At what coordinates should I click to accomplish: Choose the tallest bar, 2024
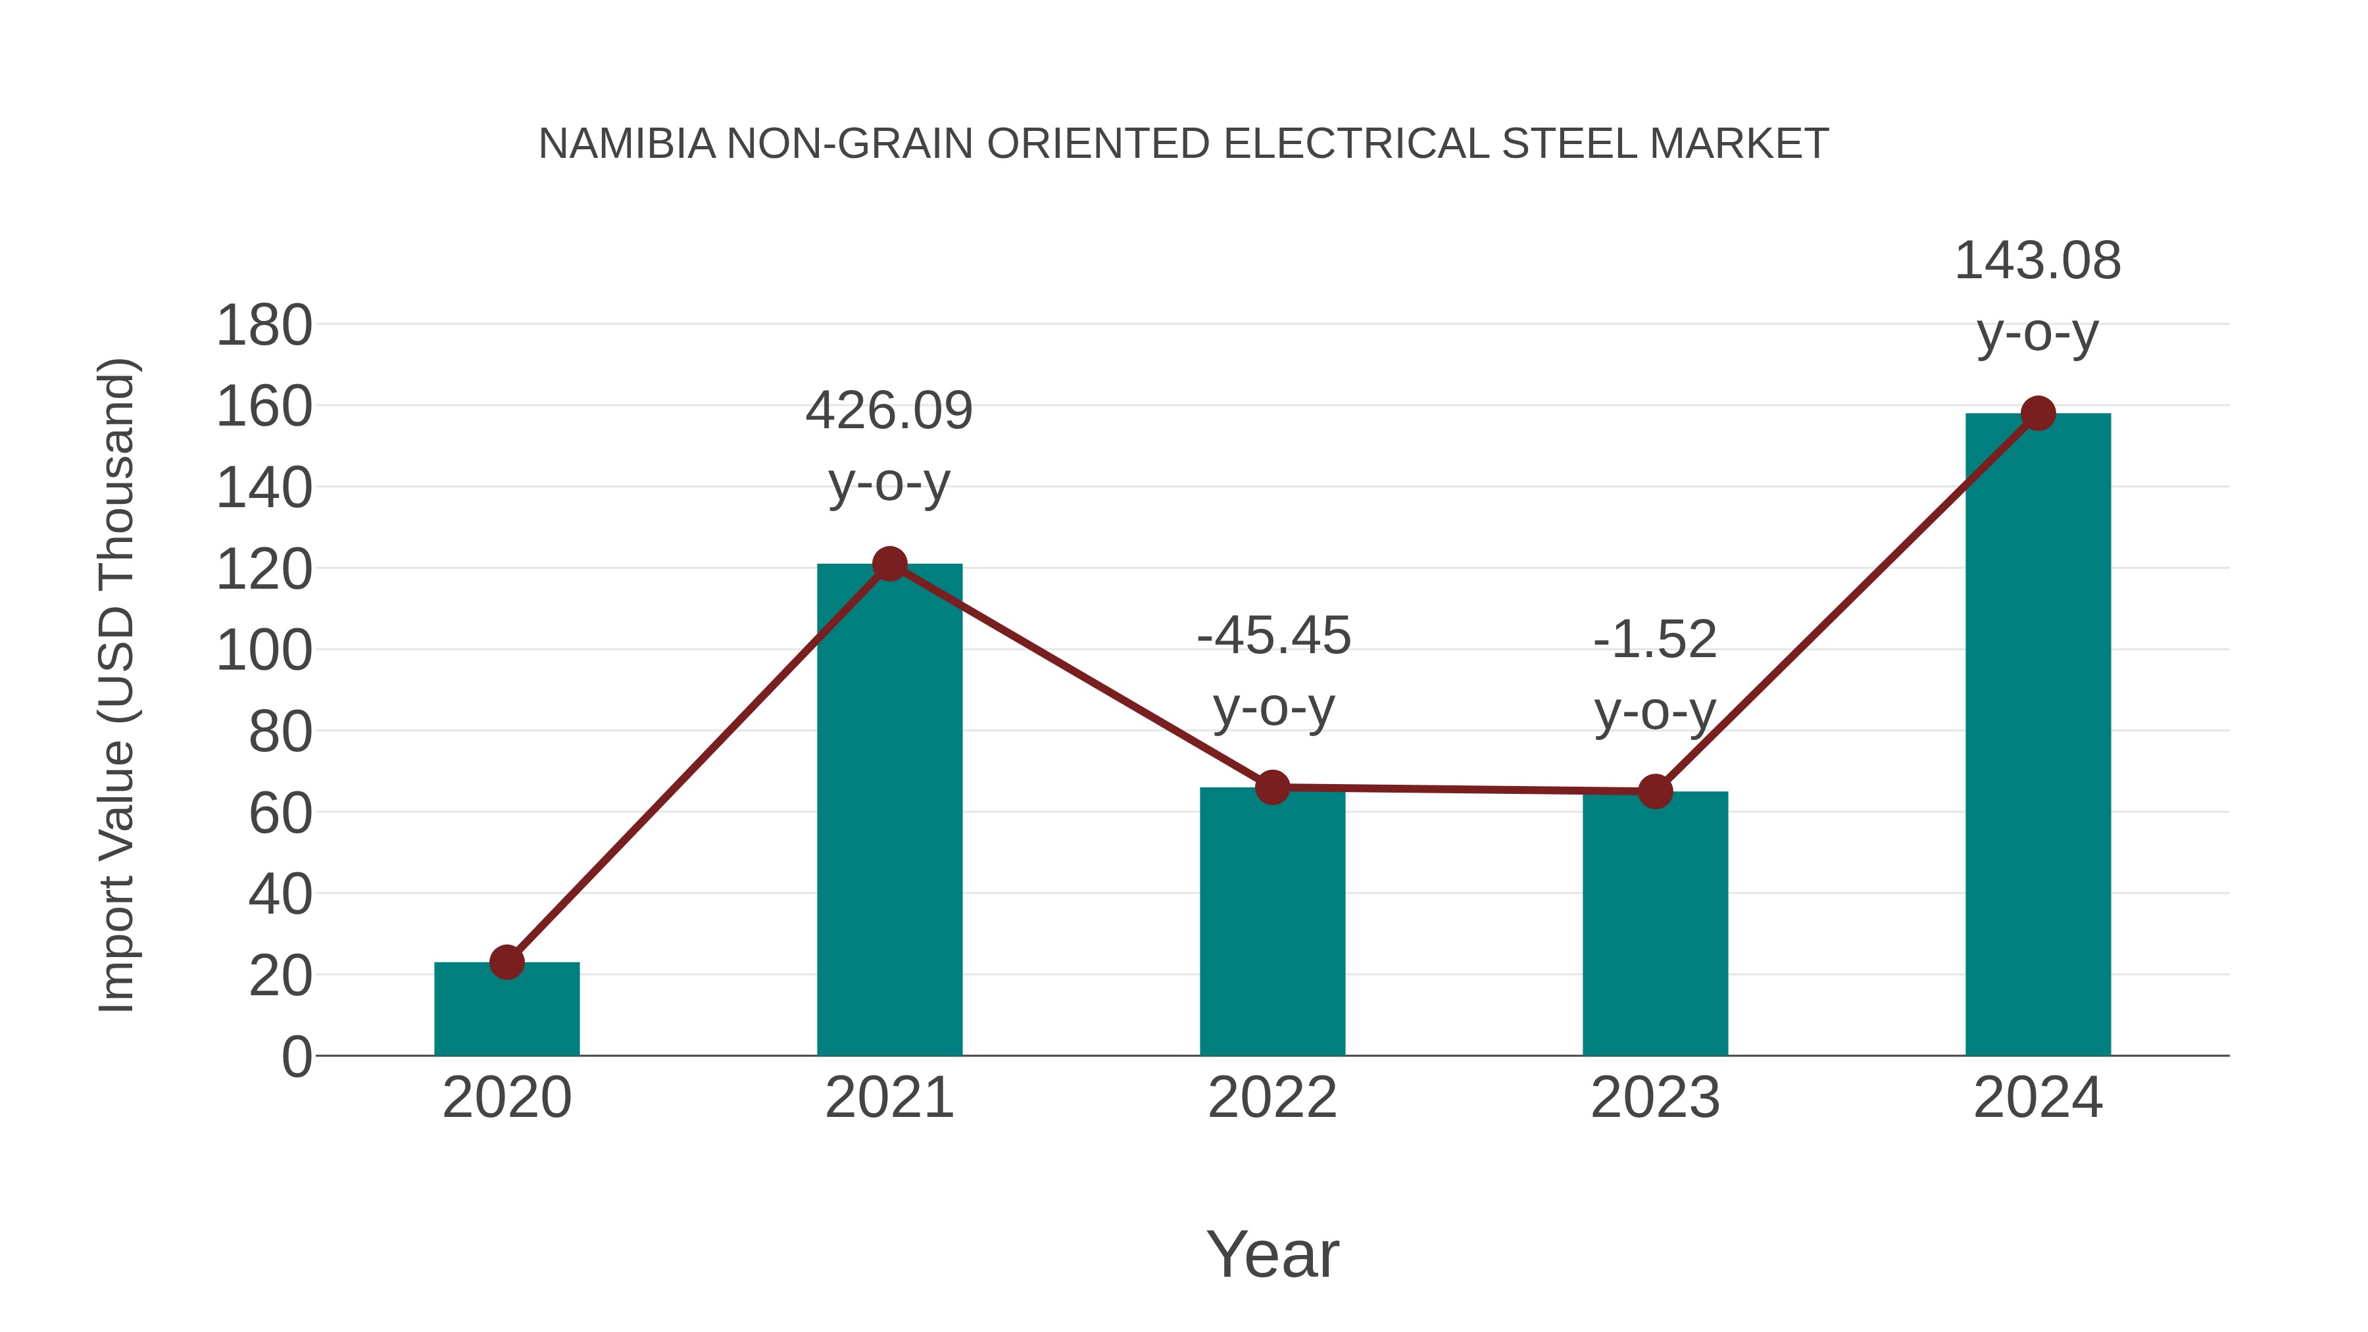coord(2038,735)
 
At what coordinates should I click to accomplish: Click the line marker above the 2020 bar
coord(506,962)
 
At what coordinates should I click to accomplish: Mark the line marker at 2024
coord(2038,414)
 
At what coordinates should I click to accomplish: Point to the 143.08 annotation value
coord(2037,261)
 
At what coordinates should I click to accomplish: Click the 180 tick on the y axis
coord(264,326)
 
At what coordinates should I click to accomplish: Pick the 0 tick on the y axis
coord(296,1056)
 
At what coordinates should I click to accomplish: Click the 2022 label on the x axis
coord(1272,1098)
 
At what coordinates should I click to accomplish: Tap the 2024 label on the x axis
coord(2038,1098)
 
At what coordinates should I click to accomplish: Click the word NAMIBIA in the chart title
coord(626,143)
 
